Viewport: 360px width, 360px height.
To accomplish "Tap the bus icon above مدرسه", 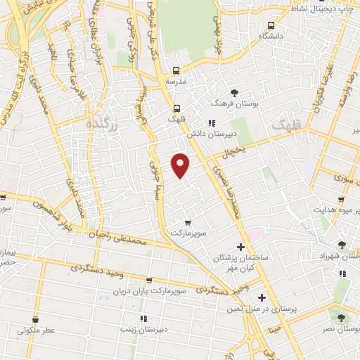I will [176, 70].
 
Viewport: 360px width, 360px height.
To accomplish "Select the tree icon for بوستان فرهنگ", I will [234, 93].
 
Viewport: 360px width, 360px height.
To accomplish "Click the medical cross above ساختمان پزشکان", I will [240, 247].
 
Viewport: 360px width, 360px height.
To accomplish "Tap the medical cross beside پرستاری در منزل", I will [262, 297].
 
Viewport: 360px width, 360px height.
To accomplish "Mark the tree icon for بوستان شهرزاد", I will [342, 245].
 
